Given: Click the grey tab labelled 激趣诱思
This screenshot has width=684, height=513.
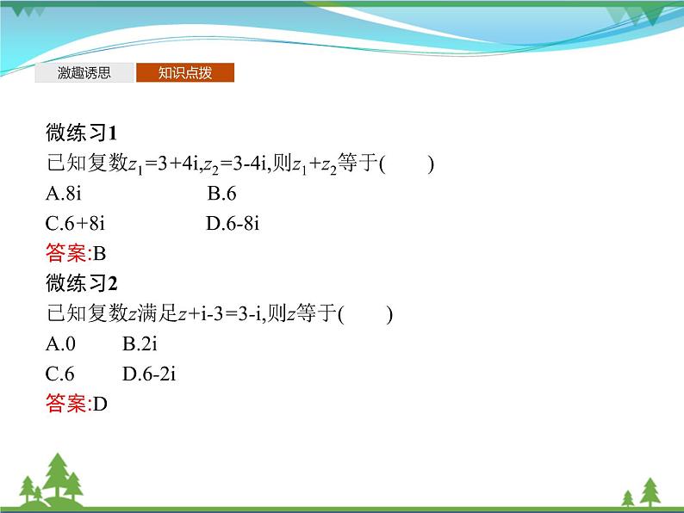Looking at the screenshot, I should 84,73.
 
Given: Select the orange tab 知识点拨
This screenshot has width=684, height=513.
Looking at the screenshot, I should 184,73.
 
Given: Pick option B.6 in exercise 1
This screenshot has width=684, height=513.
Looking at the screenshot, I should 221,194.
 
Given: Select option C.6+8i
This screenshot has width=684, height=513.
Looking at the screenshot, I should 75,224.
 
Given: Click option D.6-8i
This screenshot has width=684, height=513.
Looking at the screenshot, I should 233,224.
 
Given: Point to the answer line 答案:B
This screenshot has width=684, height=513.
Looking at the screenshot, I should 75,253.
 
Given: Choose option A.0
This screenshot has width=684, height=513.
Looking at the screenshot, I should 60,343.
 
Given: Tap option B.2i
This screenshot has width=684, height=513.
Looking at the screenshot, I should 140,343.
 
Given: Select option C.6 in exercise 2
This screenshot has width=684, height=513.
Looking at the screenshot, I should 60,374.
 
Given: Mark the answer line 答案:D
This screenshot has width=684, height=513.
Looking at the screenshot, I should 76,403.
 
